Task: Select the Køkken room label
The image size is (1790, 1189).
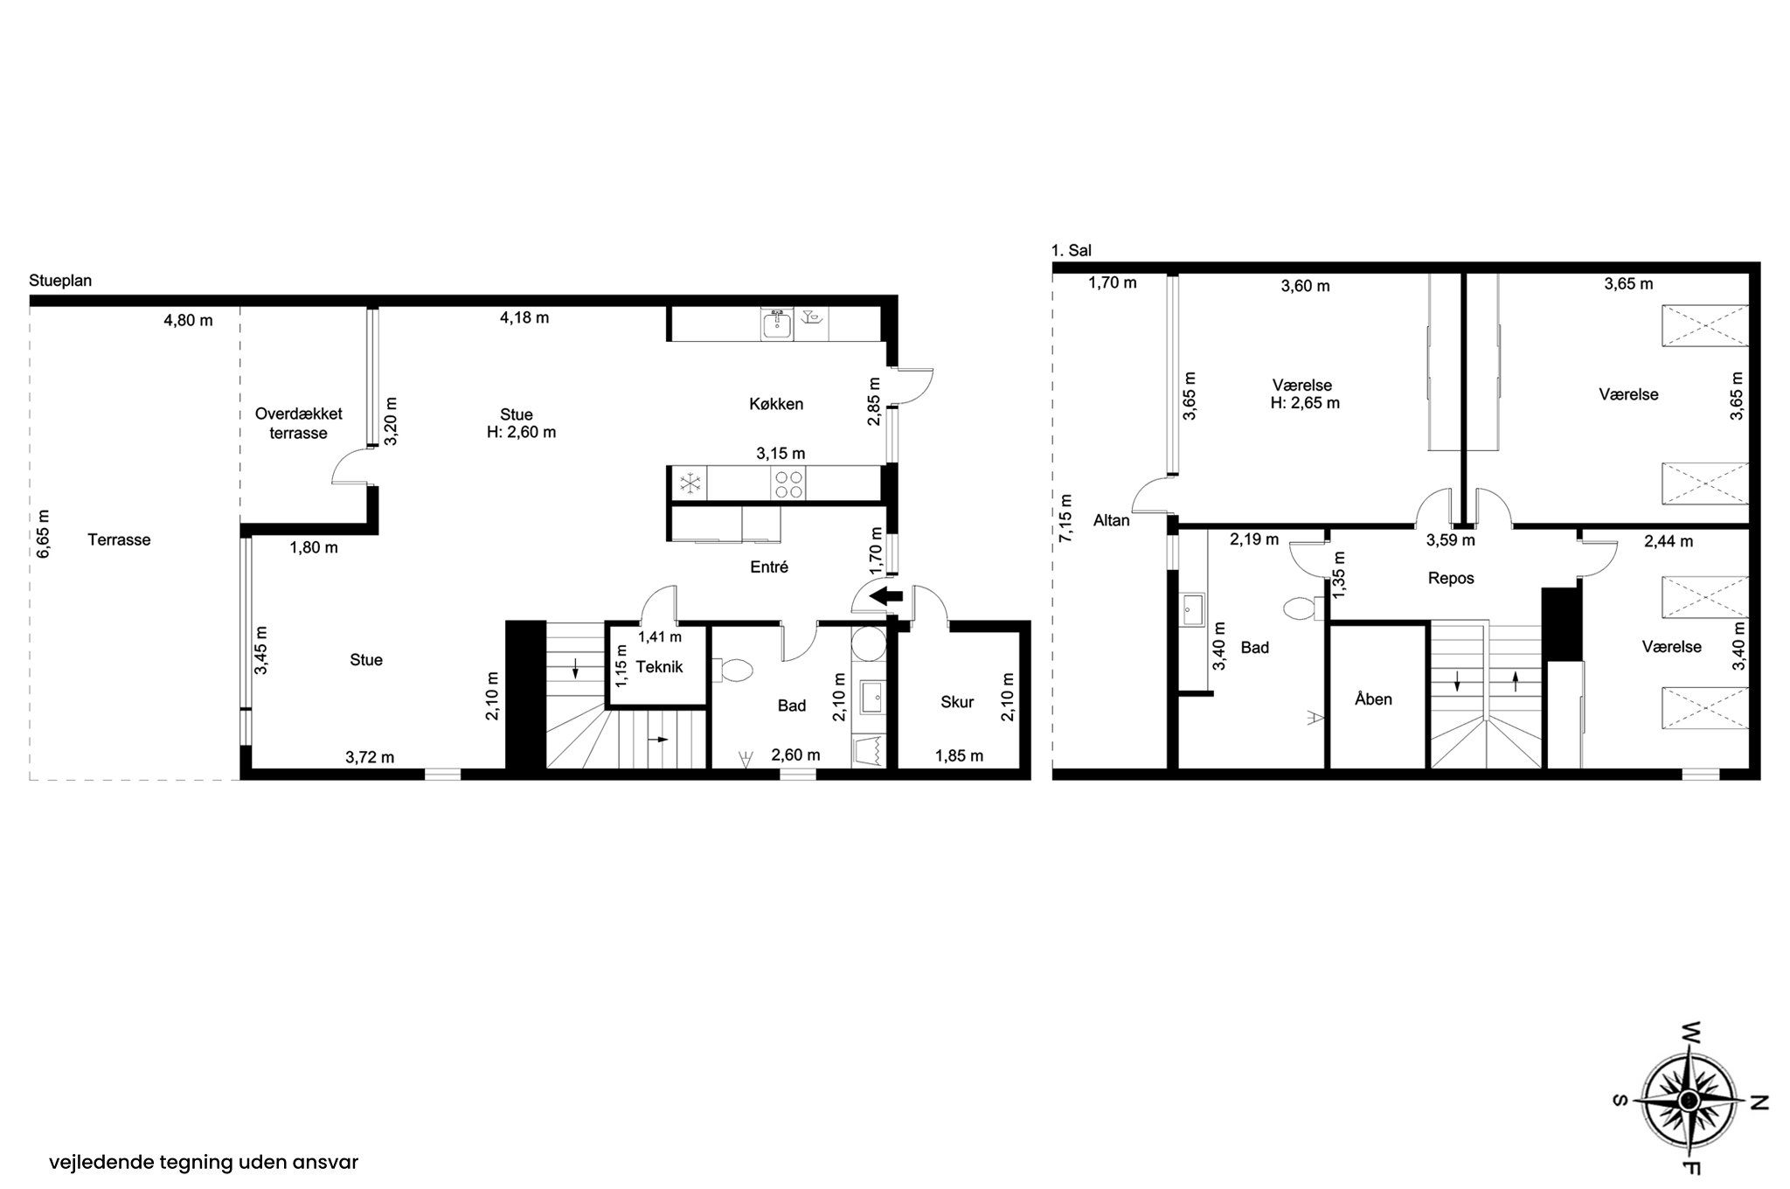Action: click(775, 404)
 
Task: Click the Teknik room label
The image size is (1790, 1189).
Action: click(659, 667)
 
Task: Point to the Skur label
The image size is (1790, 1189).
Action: click(957, 702)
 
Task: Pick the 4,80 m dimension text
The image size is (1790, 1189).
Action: click(188, 320)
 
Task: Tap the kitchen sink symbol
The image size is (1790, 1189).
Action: click(776, 324)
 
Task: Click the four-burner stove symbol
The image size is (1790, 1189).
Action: click(789, 484)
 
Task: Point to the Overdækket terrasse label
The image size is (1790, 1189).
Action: click(299, 423)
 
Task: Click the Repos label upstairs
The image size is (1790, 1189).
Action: click(1451, 579)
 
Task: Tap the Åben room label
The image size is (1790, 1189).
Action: click(1373, 699)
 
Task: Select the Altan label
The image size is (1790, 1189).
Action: click(1112, 520)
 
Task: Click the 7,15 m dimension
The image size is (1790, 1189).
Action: click(1065, 519)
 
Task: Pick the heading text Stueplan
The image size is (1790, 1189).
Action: click(60, 282)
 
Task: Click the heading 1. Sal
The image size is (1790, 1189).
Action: click(1071, 251)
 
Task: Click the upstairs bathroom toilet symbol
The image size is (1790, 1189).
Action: click(1307, 608)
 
